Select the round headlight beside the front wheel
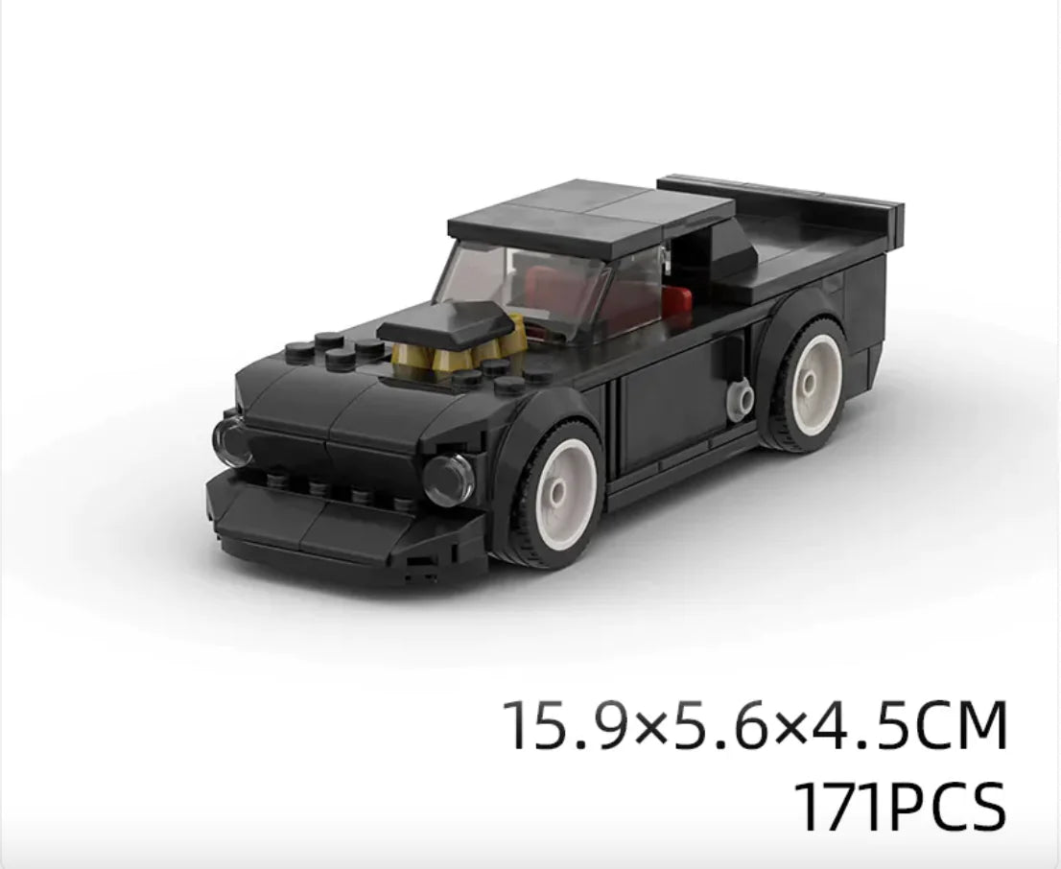point(448,478)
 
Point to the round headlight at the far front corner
point(231,440)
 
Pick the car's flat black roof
point(591,217)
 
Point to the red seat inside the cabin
point(676,297)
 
